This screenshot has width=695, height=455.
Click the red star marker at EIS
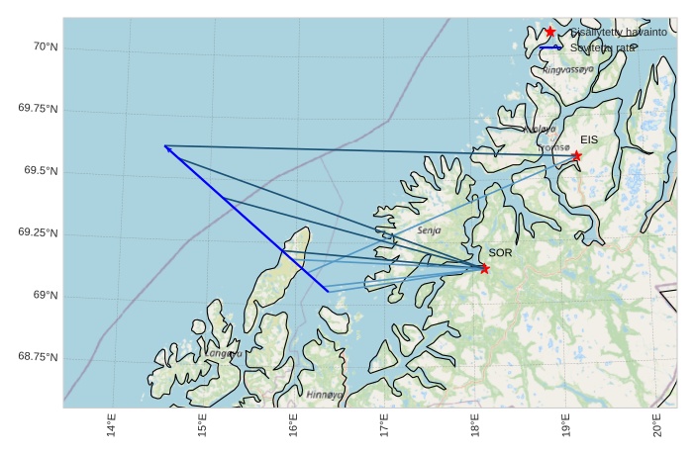pyautogui.click(x=576, y=155)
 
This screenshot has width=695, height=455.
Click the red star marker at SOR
pyautogui.click(x=484, y=268)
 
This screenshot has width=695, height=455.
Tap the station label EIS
pyautogui.click(x=589, y=139)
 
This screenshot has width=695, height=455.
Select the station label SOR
pyautogui.click(x=500, y=253)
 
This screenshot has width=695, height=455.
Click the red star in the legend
pyautogui.click(x=550, y=32)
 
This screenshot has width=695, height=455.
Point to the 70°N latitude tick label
pyautogui.click(x=45, y=46)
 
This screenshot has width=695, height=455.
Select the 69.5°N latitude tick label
pyautogui.click(x=41, y=171)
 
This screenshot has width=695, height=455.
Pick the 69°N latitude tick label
pyautogui.click(x=45, y=295)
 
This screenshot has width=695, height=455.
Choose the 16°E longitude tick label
pyautogui.click(x=294, y=425)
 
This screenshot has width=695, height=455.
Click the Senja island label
pyautogui.click(x=429, y=229)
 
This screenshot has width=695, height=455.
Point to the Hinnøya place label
pyautogui.click(x=324, y=394)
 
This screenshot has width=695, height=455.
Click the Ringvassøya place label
pyautogui.click(x=568, y=70)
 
